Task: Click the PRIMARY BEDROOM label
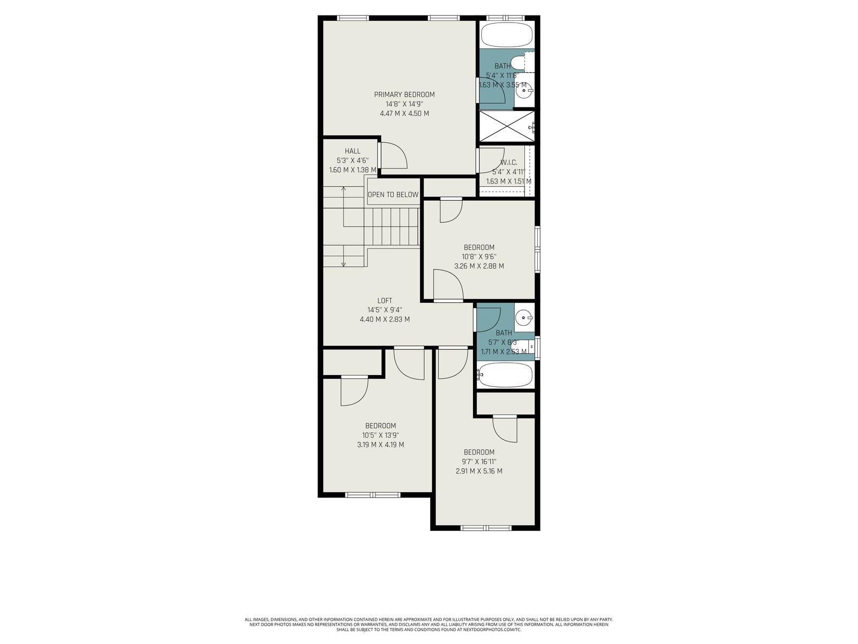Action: [x=404, y=94]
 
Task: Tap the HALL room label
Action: [x=352, y=151]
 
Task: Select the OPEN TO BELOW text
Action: [x=393, y=195]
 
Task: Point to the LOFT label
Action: [x=384, y=301]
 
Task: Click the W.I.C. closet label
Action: [x=509, y=162]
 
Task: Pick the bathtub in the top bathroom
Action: [x=507, y=35]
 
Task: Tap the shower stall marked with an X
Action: [x=507, y=126]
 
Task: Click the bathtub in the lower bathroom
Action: [x=505, y=375]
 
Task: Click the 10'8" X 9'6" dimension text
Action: [x=479, y=257]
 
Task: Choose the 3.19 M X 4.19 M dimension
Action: [x=380, y=444]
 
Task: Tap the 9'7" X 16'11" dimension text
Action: [x=479, y=462]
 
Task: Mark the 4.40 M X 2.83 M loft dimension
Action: [x=384, y=319]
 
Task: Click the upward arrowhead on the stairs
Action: [x=344, y=189]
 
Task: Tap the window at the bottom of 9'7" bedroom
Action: [x=486, y=528]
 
